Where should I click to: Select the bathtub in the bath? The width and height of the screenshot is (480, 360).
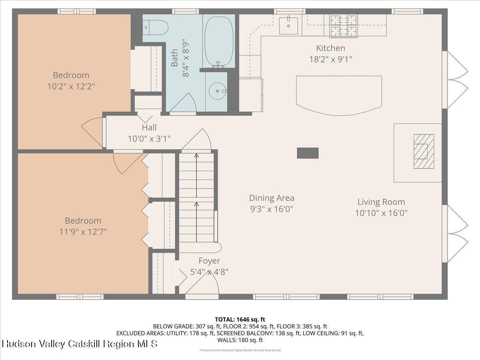219,41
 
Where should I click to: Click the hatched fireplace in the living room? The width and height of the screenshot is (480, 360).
424,151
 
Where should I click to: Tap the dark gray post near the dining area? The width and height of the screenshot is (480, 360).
308,153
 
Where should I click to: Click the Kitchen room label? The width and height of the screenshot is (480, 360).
330,48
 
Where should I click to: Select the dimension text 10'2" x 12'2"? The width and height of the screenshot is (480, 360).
71,86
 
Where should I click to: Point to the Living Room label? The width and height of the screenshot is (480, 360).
381,202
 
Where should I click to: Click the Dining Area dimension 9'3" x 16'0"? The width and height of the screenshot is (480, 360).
272,209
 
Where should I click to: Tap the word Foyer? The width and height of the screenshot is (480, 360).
209,261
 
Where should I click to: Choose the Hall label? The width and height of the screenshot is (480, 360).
149,128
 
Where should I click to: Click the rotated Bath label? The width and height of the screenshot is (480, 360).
175,58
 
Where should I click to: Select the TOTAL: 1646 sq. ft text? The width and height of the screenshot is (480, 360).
240,319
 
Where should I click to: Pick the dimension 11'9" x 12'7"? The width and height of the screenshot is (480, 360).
83,232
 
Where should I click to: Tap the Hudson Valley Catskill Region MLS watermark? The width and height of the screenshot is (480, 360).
80,344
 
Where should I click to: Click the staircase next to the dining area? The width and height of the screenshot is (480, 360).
196,198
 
